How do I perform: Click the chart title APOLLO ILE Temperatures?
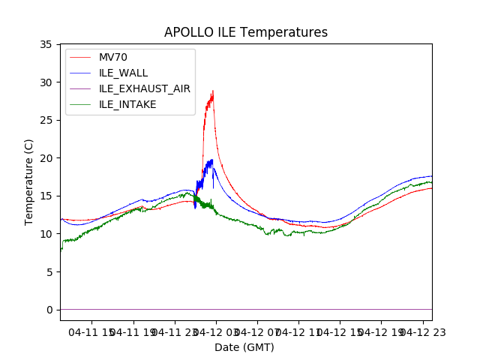click(x=246, y=32)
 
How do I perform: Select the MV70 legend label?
click(x=113, y=57)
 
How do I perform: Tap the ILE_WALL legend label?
click(x=124, y=73)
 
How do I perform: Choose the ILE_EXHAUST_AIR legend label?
click(x=145, y=88)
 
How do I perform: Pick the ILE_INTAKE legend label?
click(x=127, y=104)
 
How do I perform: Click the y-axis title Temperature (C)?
click(x=29, y=181)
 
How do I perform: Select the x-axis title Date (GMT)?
click(x=244, y=347)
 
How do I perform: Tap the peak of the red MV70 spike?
click(x=213, y=91)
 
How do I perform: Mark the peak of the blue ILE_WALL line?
click(x=212, y=159)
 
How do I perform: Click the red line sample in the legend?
click(x=81, y=57)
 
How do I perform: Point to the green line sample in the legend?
click(x=81, y=104)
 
